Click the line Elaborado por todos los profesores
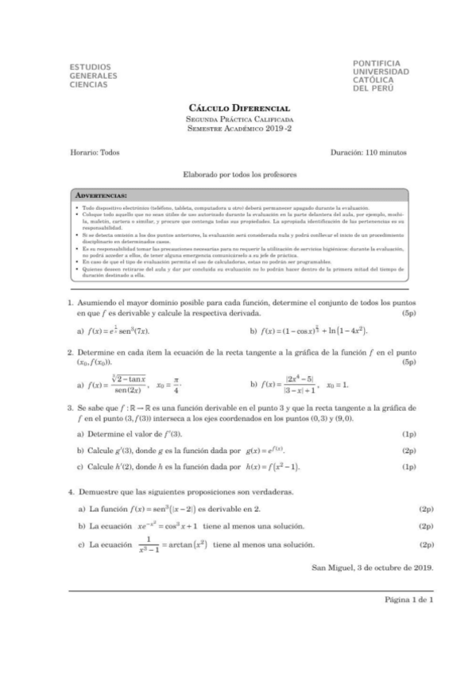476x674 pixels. (x=238, y=172)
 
